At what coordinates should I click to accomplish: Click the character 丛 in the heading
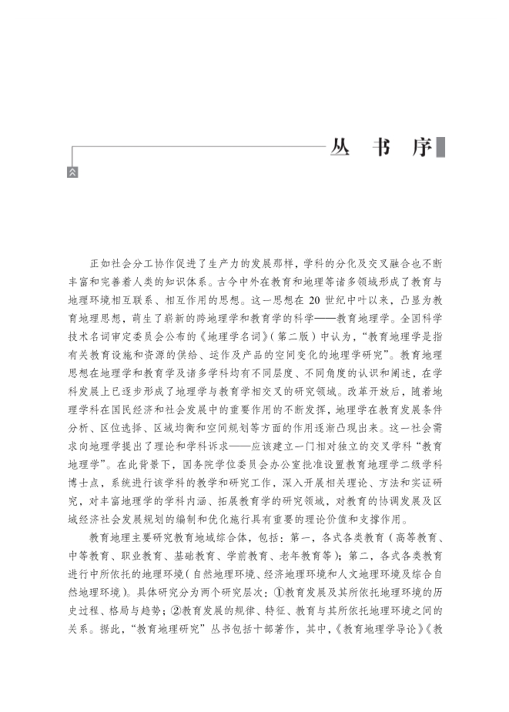tap(342, 148)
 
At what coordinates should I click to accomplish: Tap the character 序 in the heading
tap(422, 148)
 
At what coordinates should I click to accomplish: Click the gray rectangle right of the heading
tap(441, 148)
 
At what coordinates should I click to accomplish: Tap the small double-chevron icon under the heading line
tap(72, 172)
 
